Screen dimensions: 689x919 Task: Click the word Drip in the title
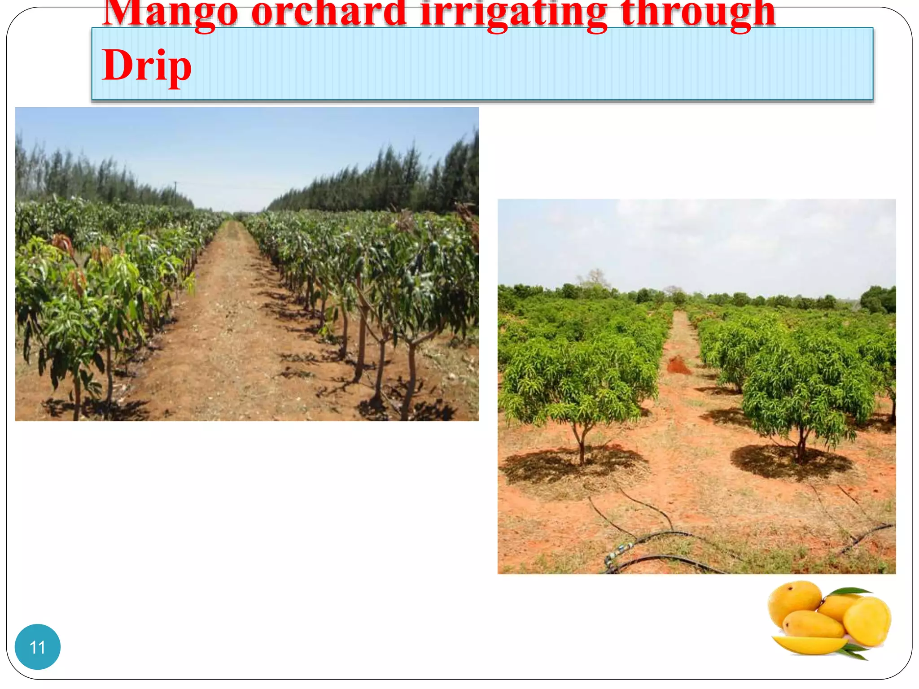coord(147,65)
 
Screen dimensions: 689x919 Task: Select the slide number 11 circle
coord(38,647)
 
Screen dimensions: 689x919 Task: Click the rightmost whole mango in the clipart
coord(867,621)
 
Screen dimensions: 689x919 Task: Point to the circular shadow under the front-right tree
coord(790,462)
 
